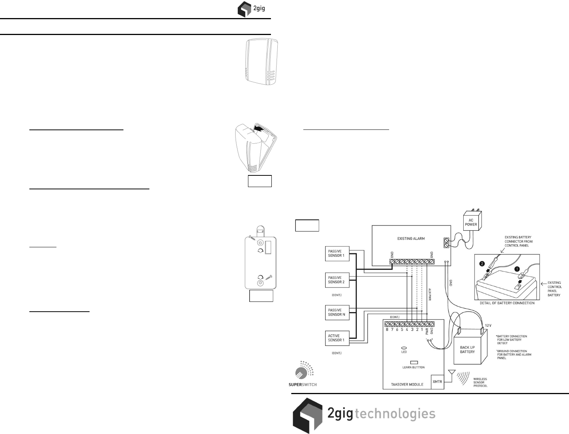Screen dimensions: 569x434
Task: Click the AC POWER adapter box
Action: point(471,222)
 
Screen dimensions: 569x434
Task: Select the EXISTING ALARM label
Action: point(411,238)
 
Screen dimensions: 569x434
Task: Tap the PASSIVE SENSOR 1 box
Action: point(336,253)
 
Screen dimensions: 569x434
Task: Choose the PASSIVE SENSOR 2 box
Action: point(336,280)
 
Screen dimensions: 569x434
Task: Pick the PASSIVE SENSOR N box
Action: point(336,312)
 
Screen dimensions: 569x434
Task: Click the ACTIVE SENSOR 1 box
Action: point(336,338)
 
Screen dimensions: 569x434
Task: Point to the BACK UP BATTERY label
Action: point(467,350)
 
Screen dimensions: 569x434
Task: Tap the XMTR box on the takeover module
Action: point(437,382)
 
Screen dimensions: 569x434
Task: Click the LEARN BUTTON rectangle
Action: point(414,362)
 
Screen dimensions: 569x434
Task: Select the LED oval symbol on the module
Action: point(404,348)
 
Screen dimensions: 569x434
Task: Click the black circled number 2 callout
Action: point(482,264)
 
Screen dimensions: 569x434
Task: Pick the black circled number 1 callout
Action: point(517,269)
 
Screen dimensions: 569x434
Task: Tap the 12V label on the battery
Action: point(488,325)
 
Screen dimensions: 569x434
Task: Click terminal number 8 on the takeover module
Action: point(387,329)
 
